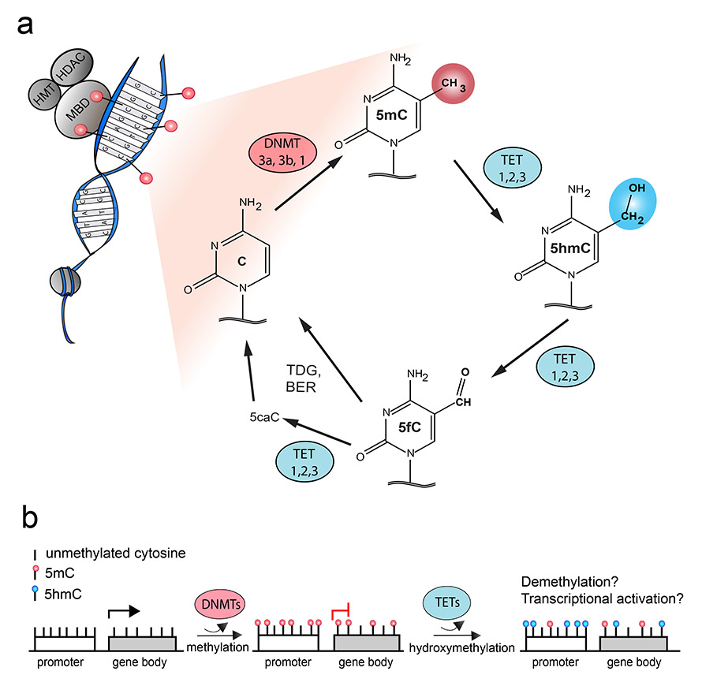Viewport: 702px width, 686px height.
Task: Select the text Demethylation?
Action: click(568, 580)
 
